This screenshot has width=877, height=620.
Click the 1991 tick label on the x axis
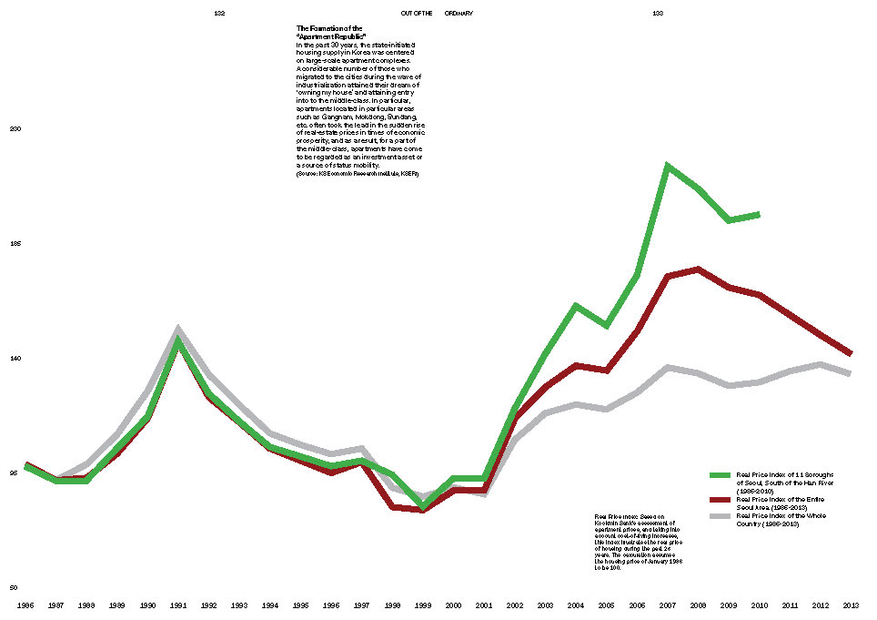point(178,605)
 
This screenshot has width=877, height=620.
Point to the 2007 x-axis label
point(668,605)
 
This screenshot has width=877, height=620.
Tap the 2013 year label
point(851,605)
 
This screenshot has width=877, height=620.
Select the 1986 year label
point(26,605)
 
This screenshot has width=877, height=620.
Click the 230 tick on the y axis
point(15,130)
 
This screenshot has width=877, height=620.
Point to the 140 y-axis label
point(15,359)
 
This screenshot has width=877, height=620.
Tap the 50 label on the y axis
point(14,588)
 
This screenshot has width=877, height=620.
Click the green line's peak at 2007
point(668,166)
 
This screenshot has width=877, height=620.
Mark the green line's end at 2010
point(759,215)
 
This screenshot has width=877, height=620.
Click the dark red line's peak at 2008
point(698,269)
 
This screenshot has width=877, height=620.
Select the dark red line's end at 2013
point(850,353)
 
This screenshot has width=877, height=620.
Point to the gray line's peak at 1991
point(178,329)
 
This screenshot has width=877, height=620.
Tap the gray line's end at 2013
point(850,373)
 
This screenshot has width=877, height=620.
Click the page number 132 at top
point(219,14)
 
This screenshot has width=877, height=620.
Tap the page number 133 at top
point(658,14)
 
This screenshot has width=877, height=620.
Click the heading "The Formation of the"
point(329,28)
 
